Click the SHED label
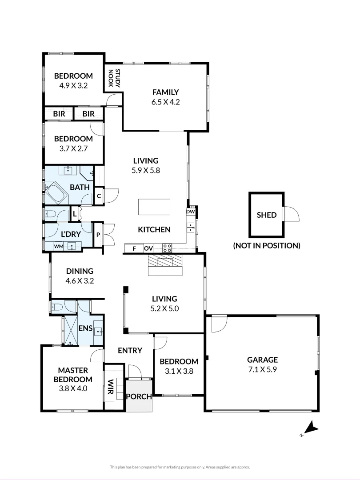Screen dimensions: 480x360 point(267,215)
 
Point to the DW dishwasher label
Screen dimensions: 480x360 point(191,212)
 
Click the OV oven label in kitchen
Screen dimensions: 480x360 point(148,248)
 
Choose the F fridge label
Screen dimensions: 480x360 point(134,248)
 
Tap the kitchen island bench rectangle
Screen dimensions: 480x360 point(154,207)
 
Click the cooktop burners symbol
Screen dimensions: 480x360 point(167,248)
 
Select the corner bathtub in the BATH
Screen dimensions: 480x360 point(56,194)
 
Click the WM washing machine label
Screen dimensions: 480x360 point(58,245)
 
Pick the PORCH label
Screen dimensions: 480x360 point(139,396)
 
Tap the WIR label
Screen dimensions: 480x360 point(110,387)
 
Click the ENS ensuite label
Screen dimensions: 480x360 point(85,328)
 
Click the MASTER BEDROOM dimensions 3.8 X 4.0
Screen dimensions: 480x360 point(73,388)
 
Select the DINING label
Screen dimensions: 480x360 point(80,271)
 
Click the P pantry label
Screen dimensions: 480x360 point(98,234)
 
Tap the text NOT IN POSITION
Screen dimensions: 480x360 point(267,245)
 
